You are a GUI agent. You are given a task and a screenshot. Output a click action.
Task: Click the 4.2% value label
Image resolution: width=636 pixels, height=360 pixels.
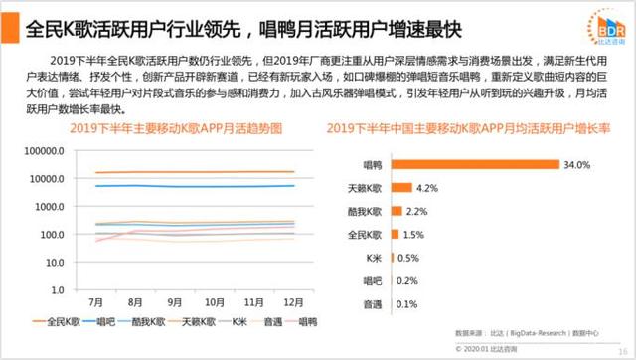(x=428, y=188)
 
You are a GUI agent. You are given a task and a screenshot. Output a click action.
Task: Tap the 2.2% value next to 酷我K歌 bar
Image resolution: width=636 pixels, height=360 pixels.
(x=418, y=211)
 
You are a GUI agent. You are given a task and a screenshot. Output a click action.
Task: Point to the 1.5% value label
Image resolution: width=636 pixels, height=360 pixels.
(x=414, y=234)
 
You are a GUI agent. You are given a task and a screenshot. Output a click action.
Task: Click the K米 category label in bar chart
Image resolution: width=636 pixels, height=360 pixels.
(x=371, y=258)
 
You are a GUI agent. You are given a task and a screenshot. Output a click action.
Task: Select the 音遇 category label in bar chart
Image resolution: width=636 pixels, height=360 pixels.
(x=369, y=303)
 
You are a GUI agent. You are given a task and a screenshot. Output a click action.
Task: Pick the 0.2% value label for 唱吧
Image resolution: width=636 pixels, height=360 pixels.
(x=408, y=280)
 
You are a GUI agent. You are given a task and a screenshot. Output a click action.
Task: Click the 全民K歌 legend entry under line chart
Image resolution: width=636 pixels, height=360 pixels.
(x=59, y=322)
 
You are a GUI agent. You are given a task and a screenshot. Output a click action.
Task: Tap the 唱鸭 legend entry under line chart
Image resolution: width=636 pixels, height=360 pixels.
(x=303, y=322)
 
